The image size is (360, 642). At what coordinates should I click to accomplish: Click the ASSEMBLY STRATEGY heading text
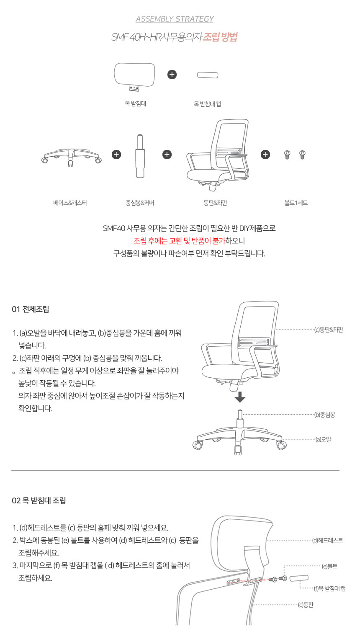pos(175,19)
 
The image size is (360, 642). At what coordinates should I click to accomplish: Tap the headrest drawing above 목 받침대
pos(134,75)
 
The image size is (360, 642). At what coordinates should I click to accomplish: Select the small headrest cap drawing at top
pos(208,75)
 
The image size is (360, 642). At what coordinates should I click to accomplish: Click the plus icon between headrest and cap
pos(172,75)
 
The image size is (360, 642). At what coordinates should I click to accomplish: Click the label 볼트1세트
pos(296,203)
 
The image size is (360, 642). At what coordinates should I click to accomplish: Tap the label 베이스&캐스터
pos(70,203)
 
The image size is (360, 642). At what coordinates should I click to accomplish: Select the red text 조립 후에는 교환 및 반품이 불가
pos(179,241)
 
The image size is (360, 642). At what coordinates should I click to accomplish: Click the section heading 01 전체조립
pos(31,309)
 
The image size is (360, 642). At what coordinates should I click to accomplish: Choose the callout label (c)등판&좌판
pos(329,330)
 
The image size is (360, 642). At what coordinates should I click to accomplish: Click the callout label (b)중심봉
pos(325,415)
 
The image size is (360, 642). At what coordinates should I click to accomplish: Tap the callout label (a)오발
pos(323,440)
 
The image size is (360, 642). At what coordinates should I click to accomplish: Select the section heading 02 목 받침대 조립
pos(39,501)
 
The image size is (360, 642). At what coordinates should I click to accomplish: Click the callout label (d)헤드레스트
pos(328,541)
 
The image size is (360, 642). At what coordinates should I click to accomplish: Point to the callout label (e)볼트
pos(329,567)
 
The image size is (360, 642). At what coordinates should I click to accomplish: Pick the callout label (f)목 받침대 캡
pos(330,589)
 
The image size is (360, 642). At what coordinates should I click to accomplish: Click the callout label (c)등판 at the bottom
pos(306,605)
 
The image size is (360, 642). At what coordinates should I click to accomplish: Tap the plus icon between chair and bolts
pos(265,155)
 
